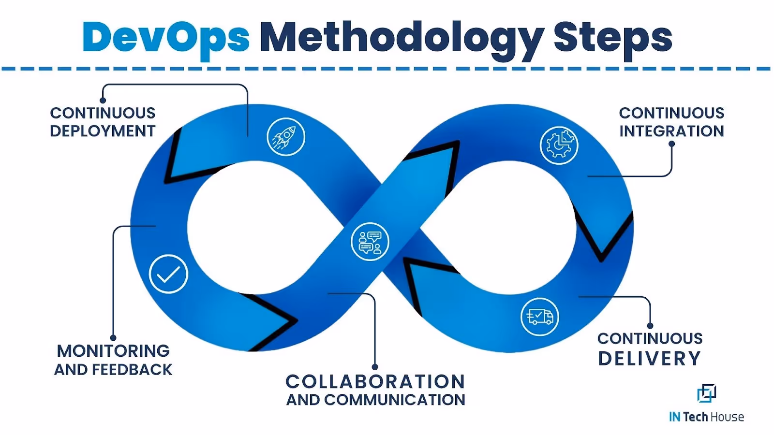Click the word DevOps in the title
point(166,38)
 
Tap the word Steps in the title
point(612,38)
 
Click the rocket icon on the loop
point(286,137)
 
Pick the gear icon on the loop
point(559,145)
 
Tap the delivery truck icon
point(539,317)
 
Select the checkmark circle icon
point(168,274)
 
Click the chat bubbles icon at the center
point(370,242)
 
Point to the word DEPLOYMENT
point(103,131)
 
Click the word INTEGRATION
point(671,131)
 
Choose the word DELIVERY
point(650,359)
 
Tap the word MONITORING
point(113,351)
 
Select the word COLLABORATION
point(375,381)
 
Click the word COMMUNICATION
point(395,400)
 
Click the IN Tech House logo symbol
point(706,393)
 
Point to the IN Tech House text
point(706,417)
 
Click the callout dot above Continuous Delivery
point(650,326)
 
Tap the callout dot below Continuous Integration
point(671,144)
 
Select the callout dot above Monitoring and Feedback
point(113,338)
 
